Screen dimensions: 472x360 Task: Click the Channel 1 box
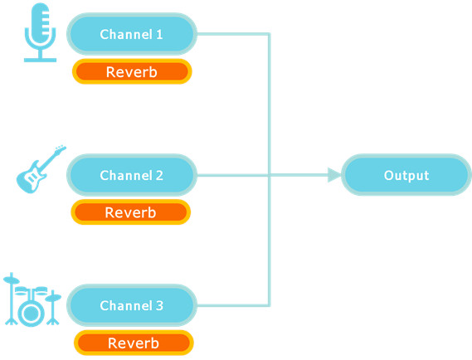click(132, 34)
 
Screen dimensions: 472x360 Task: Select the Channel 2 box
click(132, 175)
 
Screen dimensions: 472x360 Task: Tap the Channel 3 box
click(132, 305)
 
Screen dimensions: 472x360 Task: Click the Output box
click(406, 175)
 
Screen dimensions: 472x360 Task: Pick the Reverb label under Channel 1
click(132, 72)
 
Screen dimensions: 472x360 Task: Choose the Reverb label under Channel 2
click(130, 212)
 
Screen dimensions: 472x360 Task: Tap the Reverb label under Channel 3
click(134, 343)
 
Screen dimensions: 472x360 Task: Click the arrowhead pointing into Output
click(334, 175)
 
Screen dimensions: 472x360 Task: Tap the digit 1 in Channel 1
click(159, 34)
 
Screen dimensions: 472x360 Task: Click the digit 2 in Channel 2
click(159, 176)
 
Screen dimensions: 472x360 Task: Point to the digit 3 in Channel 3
click(159, 306)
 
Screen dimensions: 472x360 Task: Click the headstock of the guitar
click(61, 148)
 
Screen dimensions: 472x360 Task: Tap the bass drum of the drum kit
click(31, 314)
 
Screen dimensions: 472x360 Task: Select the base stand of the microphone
click(40, 60)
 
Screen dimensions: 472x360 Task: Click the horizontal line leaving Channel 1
click(233, 34)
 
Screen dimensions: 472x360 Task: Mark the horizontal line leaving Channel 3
click(233, 305)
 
